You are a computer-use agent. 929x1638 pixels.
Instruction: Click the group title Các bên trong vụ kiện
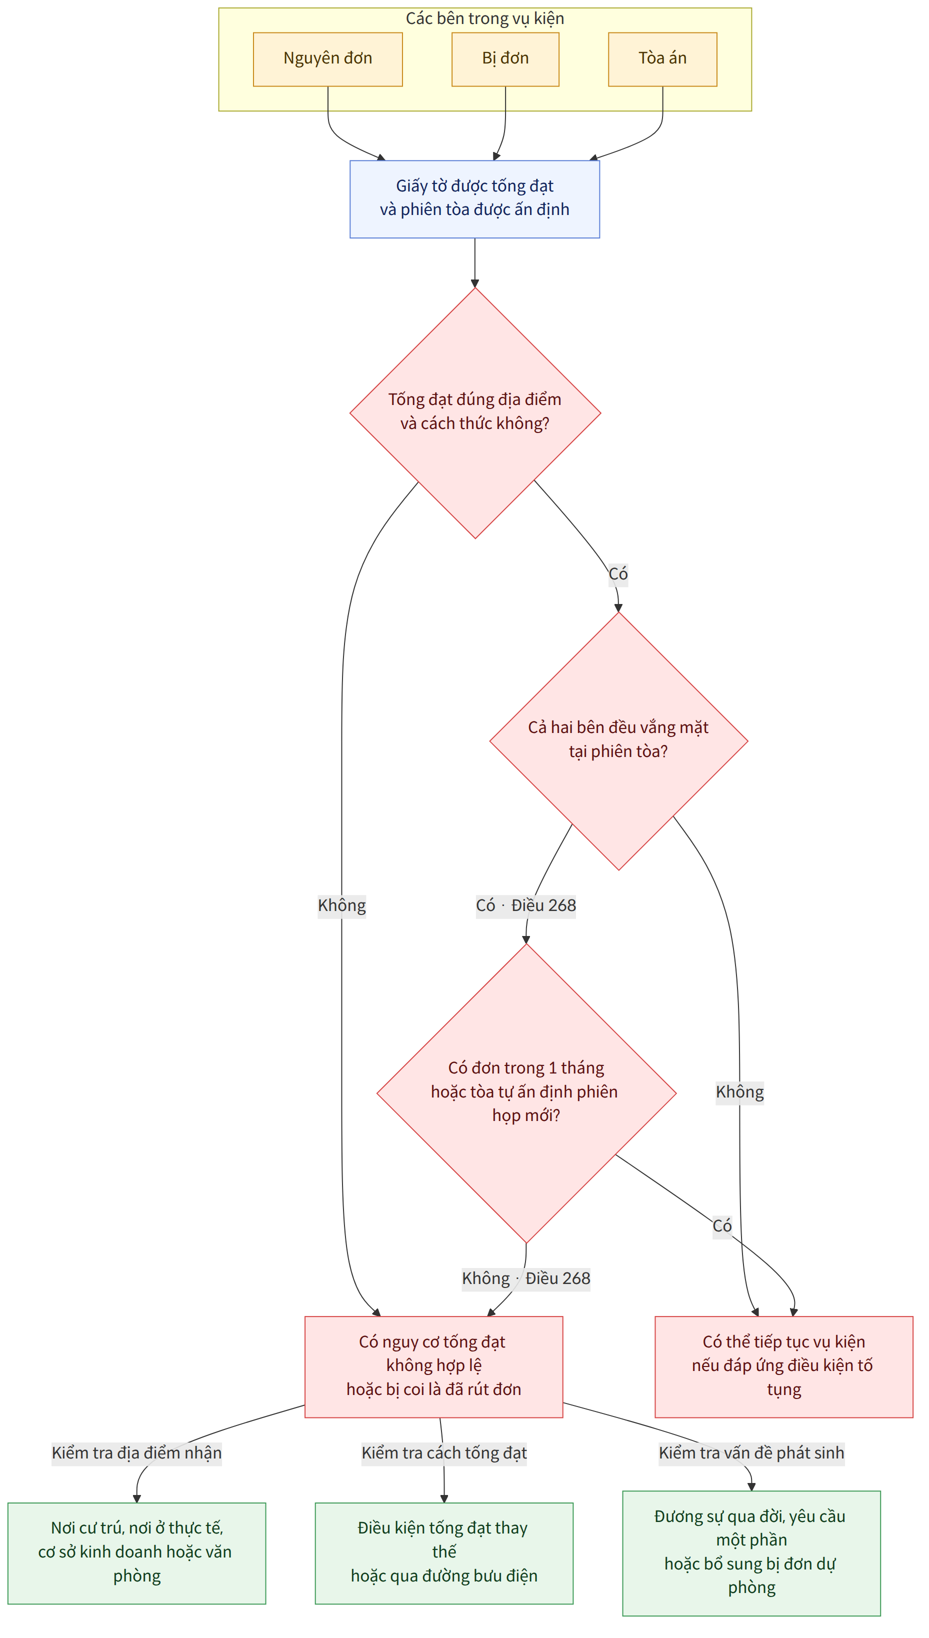485,18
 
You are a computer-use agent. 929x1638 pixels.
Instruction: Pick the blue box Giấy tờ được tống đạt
474,199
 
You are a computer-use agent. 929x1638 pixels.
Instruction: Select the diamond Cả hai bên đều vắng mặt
618,741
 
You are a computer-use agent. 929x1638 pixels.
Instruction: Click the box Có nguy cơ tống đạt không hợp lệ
434,1367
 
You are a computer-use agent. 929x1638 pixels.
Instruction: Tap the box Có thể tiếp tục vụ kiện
783,1367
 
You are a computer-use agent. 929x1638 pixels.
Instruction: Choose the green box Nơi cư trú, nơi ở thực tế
136,1553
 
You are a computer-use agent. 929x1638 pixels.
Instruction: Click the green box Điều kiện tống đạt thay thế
444,1553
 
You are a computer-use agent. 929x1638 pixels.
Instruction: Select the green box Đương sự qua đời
751,1553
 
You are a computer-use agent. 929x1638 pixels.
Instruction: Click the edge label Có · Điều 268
526,905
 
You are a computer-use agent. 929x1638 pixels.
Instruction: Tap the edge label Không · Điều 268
526,1278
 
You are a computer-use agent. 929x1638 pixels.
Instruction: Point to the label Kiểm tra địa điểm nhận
136,1452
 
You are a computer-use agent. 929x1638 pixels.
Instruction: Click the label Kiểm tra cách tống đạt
444,1452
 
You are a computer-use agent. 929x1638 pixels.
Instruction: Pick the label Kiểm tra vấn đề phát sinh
751,1452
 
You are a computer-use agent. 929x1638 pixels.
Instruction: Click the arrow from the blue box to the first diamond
474,263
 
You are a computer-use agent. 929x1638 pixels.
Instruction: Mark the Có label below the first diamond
617,573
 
